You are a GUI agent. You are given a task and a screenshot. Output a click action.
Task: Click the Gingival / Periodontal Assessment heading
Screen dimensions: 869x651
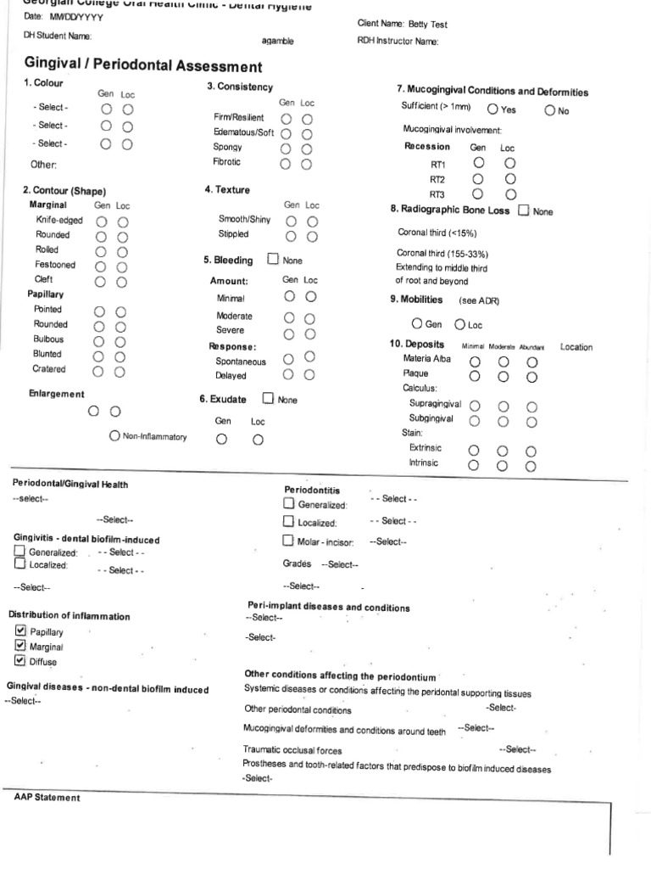point(143,66)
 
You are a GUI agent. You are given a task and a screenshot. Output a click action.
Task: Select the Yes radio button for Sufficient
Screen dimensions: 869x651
point(492,109)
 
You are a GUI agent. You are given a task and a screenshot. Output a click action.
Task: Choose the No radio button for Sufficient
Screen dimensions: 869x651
point(550,109)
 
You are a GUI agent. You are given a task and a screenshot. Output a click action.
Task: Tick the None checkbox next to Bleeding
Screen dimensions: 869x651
point(273,260)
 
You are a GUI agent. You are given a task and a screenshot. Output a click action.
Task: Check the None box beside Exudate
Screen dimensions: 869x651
point(269,398)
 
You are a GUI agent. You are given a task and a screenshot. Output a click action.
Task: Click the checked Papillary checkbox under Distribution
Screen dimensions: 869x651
point(21,631)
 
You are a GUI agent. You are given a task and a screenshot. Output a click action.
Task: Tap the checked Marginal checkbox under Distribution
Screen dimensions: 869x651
point(21,646)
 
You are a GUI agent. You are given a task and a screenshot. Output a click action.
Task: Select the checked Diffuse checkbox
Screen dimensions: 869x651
point(21,660)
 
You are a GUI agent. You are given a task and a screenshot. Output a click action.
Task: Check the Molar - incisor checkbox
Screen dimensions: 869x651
point(289,541)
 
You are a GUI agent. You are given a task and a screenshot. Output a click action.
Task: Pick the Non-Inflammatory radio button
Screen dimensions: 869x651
point(114,435)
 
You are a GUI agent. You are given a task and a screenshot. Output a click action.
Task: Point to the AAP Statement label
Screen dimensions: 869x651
point(47,798)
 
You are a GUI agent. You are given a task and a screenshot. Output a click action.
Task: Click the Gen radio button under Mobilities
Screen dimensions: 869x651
point(417,323)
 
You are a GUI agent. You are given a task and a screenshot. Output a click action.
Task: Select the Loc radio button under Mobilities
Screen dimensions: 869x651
point(460,323)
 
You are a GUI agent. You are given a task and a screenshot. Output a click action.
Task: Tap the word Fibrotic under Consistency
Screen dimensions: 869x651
point(226,161)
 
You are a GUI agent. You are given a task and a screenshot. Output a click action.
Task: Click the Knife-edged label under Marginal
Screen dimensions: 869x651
point(53,220)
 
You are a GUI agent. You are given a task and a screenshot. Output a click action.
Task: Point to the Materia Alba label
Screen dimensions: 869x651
point(427,359)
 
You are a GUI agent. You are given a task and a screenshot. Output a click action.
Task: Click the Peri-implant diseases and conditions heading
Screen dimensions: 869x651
point(328,608)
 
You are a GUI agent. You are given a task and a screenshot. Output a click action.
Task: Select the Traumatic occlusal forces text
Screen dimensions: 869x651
point(292,750)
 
